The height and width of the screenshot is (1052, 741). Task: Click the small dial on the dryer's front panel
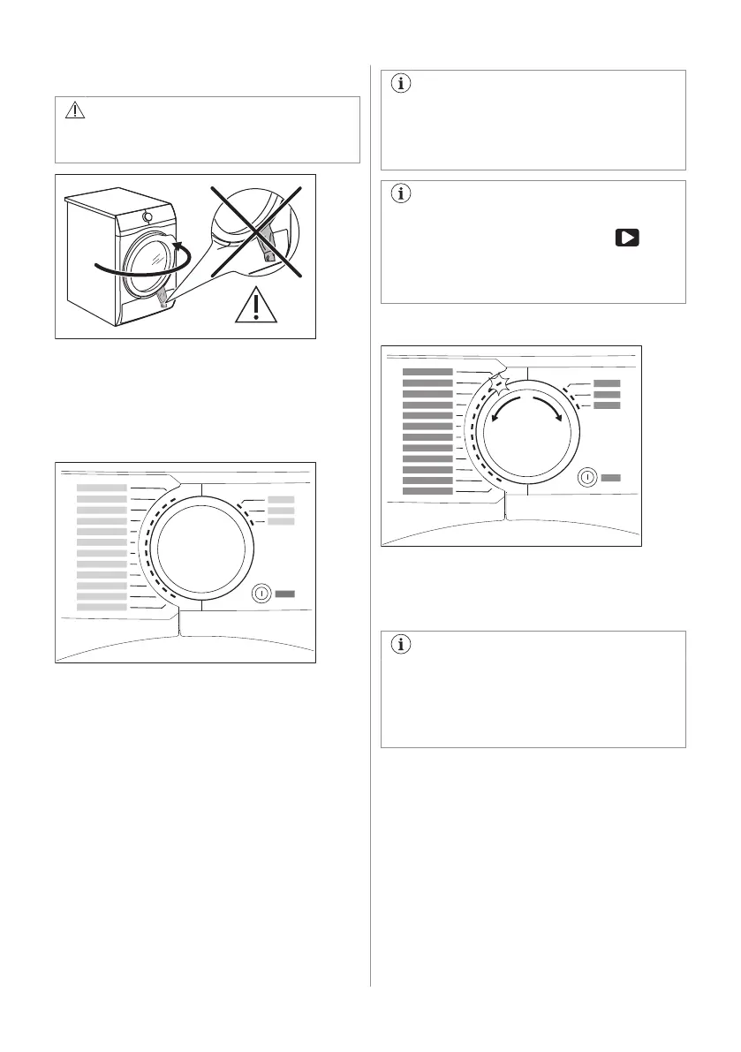147,216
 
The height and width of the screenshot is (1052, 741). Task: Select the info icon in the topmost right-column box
401,85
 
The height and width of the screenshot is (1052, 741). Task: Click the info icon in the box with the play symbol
401,195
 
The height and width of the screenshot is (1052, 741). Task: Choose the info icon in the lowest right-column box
401,645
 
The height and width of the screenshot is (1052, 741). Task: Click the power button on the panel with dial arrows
586,477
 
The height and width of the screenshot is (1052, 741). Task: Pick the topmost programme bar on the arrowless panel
102,488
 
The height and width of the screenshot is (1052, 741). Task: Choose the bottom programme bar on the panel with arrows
427,491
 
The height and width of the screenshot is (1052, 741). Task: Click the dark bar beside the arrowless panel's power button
284,594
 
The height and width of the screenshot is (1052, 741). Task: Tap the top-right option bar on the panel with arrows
608,383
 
